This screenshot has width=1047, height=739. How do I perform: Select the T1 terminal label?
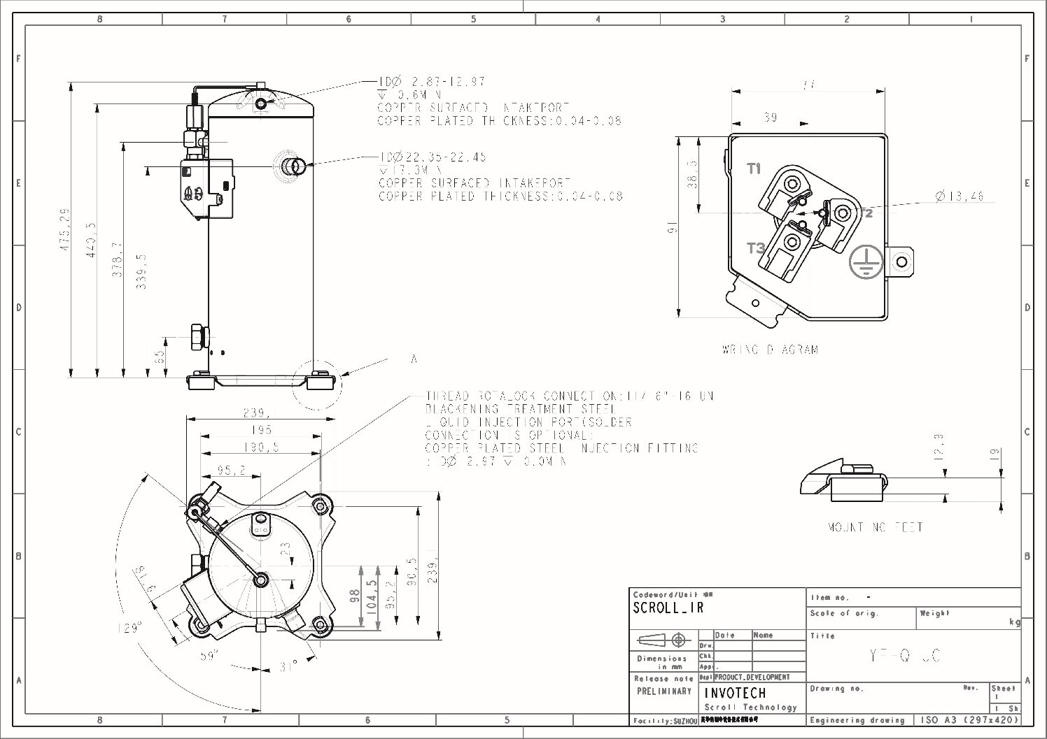pyautogui.click(x=754, y=168)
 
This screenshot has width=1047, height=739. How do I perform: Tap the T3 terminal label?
pyautogui.click(x=755, y=248)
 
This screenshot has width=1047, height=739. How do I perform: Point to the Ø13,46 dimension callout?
pyautogui.click(x=959, y=196)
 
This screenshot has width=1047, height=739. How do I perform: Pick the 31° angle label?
pyautogui.click(x=288, y=666)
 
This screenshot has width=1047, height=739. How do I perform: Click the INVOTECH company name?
pyautogui.click(x=734, y=693)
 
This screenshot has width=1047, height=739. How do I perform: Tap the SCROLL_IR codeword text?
pyautogui.click(x=668, y=608)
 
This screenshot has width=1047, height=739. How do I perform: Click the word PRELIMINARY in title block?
pyautogui.click(x=664, y=691)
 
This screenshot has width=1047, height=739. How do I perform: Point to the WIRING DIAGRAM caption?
pyautogui.click(x=770, y=350)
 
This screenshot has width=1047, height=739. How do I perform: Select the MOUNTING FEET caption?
pyautogui.click(x=875, y=527)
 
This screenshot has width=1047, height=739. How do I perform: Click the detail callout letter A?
pyautogui.click(x=414, y=359)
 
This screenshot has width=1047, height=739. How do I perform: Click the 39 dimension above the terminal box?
pyautogui.click(x=770, y=117)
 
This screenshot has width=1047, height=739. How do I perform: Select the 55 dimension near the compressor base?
pyautogui.click(x=160, y=356)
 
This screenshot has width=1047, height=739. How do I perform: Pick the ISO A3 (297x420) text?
pyautogui.click(x=969, y=720)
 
